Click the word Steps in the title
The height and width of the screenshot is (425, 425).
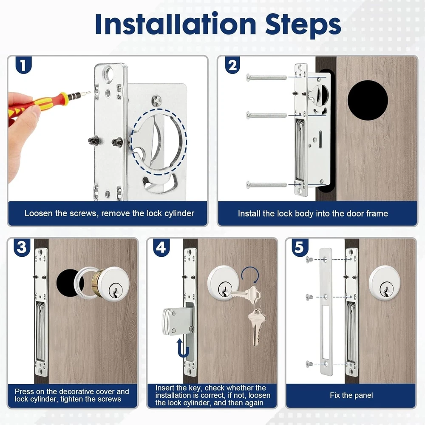pyautogui.click(x=303, y=25)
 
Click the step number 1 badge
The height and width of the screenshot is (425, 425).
pyautogui.click(x=23, y=65)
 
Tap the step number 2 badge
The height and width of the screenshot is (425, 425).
pyautogui.click(x=232, y=65)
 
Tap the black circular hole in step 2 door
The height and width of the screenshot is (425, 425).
pyautogui.click(x=368, y=100)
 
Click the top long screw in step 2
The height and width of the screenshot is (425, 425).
pyautogui.click(x=266, y=77)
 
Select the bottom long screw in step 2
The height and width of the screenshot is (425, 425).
pyautogui.click(x=266, y=185)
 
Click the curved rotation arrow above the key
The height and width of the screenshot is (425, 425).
pyautogui.click(x=250, y=274)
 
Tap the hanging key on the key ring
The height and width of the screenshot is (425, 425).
pyautogui.click(x=256, y=328)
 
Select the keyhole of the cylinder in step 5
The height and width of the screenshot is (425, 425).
pyautogui.click(x=385, y=289)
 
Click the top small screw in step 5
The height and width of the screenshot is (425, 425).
pyautogui.click(x=309, y=260)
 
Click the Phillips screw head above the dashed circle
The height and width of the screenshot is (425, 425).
pyautogui.click(x=157, y=101)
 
